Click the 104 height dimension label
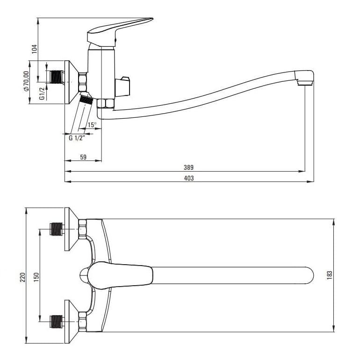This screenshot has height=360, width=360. [x=34, y=49]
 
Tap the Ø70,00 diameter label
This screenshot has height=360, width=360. [x=26, y=81]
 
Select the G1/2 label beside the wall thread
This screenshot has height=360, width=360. [x=42, y=94]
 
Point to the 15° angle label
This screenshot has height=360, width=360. [x=92, y=125]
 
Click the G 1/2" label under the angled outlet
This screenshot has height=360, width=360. [x=77, y=138]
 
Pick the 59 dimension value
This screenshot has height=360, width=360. [x=83, y=157]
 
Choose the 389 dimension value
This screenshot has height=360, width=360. [x=188, y=167]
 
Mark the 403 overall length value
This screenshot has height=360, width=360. [x=189, y=178]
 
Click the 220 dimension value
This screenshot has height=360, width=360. [x=22, y=277]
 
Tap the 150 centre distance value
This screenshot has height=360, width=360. [x=36, y=277]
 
